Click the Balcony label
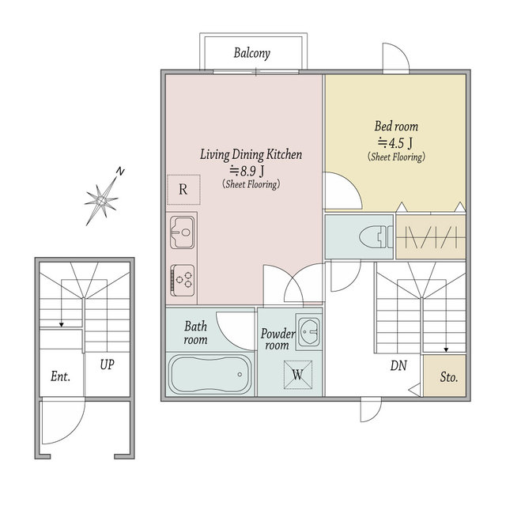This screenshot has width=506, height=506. [x=251, y=53]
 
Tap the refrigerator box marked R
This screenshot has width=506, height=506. [x=183, y=190]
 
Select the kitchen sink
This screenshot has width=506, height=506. [x=183, y=232]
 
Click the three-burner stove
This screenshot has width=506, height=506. [x=183, y=280]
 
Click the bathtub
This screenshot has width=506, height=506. [x=210, y=374]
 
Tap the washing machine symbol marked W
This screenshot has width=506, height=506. [x=298, y=375]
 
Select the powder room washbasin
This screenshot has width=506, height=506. [x=309, y=331]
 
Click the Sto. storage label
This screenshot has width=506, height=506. [x=449, y=377]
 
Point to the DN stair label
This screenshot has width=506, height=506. [x=398, y=365]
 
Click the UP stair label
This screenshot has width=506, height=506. [x=108, y=364]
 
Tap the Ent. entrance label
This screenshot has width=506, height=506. [x=60, y=376]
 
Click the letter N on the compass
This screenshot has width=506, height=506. [x=120, y=172]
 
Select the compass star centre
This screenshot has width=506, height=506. [x=101, y=201]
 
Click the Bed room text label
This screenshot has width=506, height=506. [x=396, y=126]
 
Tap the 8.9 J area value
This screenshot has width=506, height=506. [x=247, y=171]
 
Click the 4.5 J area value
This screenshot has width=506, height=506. [x=395, y=142]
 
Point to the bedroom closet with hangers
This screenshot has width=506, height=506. [x=430, y=237]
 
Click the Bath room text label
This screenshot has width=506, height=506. [x=195, y=333]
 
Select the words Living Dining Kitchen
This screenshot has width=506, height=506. [x=251, y=155]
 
